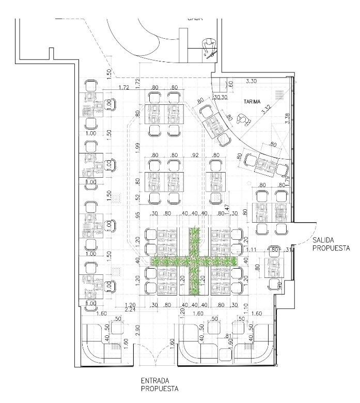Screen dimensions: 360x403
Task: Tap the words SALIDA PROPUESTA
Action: click(x=331, y=244)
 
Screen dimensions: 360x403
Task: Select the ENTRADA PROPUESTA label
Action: click(x=160, y=384)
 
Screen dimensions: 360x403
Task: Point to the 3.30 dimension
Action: click(x=252, y=81)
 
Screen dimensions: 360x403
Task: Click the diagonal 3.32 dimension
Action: click(x=267, y=108)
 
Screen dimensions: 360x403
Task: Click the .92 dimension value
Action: click(x=195, y=154)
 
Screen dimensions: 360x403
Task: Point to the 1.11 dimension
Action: click(x=252, y=250)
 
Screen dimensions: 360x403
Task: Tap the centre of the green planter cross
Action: click(x=194, y=261)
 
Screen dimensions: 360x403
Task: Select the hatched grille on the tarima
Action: click(x=280, y=94)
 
